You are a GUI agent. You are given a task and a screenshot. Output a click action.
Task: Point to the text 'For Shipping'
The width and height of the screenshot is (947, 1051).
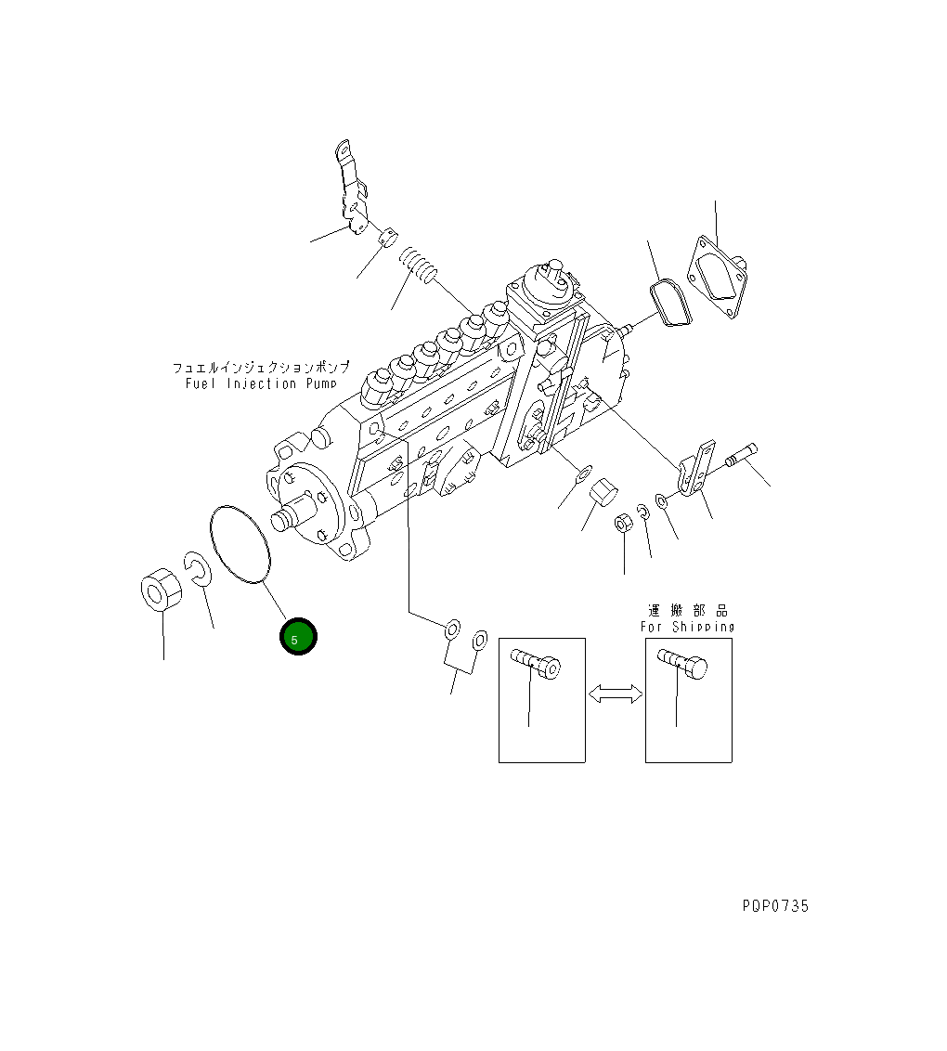point(688,627)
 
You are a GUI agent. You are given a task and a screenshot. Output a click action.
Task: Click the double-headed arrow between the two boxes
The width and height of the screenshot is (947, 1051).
point(616,694)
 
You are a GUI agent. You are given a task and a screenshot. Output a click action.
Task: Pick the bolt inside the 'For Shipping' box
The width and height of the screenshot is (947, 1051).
point(683,663)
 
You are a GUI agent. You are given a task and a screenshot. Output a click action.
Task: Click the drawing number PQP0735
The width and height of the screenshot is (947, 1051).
point(775,906)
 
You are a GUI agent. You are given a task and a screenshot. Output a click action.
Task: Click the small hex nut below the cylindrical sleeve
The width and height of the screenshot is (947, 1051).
point(624,525)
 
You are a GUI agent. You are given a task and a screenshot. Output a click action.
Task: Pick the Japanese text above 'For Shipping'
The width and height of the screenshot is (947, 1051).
point(688,610)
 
